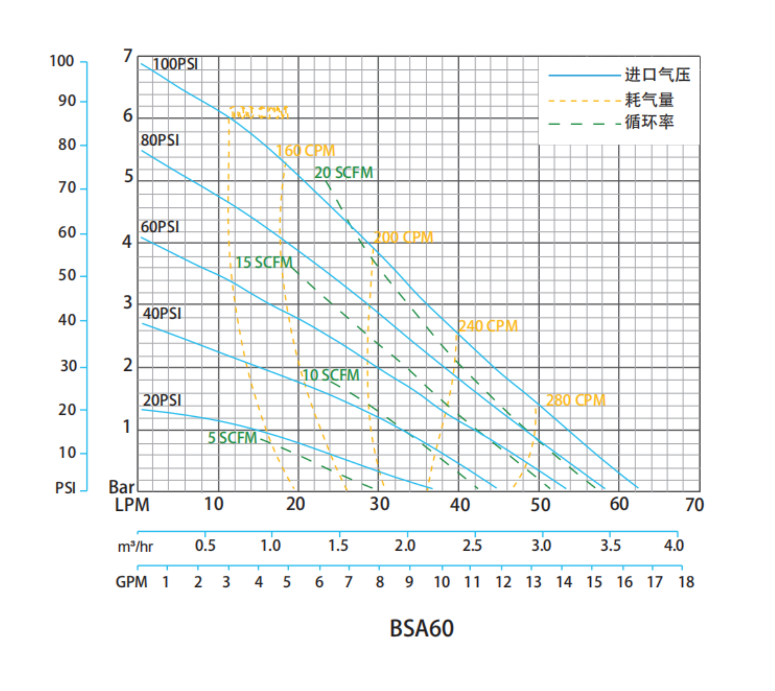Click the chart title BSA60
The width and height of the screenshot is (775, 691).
(421, 628)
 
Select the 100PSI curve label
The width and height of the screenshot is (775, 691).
(175, 64)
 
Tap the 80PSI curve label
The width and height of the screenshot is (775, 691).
(160, 140)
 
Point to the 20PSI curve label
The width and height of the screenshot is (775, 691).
(162, 400)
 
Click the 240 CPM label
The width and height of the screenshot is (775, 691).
(488, 326)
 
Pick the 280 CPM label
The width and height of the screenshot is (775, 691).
(575, 400)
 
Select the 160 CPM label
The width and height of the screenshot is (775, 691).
(306, 151)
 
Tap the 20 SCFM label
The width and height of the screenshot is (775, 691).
(343, 173)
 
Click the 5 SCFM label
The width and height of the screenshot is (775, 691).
(232, 438)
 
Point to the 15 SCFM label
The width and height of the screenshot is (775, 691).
(264, 263)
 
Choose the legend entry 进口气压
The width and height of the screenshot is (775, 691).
(657, 75)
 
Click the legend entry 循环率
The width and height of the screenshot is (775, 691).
(649, 122)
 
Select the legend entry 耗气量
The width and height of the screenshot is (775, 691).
(649, 100)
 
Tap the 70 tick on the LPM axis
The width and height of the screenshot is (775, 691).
(694, 505)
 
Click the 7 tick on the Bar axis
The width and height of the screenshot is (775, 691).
(127, 56)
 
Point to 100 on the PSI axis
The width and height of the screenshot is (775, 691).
(61, 61)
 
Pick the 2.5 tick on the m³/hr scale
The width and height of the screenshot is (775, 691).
(472, 546)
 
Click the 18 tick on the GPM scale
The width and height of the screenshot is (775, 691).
(686, 582)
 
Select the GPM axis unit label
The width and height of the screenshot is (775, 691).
(131, 582)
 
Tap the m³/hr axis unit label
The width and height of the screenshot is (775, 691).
(135, 546)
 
